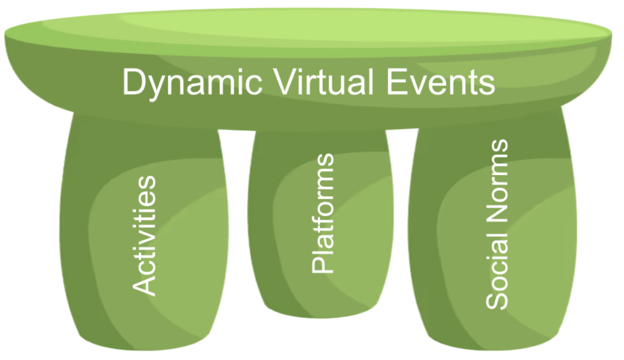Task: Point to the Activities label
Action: (144, 235)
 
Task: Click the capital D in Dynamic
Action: (133, 82)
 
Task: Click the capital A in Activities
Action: (144, 285)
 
